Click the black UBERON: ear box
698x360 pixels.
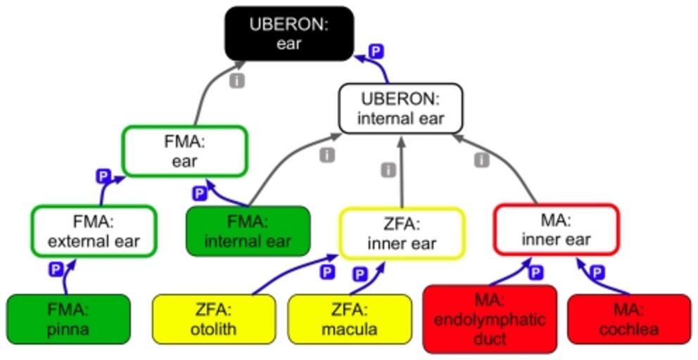tap(288, 33)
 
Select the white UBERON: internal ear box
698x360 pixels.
tap(400, 108)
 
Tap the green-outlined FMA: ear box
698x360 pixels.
tap(184, 151)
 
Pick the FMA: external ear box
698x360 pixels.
tap(93, 231)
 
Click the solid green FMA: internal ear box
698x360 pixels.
tap(248, 231)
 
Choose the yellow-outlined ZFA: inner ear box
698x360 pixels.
tap(402, 234)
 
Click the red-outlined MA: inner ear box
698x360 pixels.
tap(556, 229)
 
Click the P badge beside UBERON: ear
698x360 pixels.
tap(377, 51)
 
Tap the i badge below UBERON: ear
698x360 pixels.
tap(237, 81)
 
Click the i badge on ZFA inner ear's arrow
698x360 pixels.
tap(388, 170)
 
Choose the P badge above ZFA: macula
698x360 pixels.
tap(360, 274)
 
